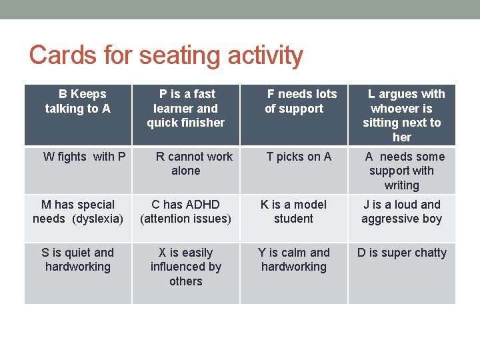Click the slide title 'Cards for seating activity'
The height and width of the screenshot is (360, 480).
[166, 55]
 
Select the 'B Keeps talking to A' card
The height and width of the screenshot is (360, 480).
[78, 101]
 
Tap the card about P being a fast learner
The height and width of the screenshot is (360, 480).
[186, 108]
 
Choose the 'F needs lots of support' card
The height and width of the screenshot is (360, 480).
[294, 101]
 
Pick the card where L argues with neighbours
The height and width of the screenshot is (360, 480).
[402, 115]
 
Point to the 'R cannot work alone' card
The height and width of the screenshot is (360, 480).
[186, 164]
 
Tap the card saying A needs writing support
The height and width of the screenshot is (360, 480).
[402, 171]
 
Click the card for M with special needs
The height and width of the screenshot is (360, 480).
[78, 211]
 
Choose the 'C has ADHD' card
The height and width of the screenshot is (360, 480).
[186, 211]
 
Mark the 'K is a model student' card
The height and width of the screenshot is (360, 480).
[294, 211]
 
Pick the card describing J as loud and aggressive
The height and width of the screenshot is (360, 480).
[402, 211]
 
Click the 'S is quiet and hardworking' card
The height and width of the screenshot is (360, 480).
[78, 259]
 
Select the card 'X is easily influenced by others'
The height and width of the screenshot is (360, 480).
[186, 267]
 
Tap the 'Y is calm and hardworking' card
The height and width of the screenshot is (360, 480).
[294, 259]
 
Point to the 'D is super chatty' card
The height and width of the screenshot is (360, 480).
[402, 253]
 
